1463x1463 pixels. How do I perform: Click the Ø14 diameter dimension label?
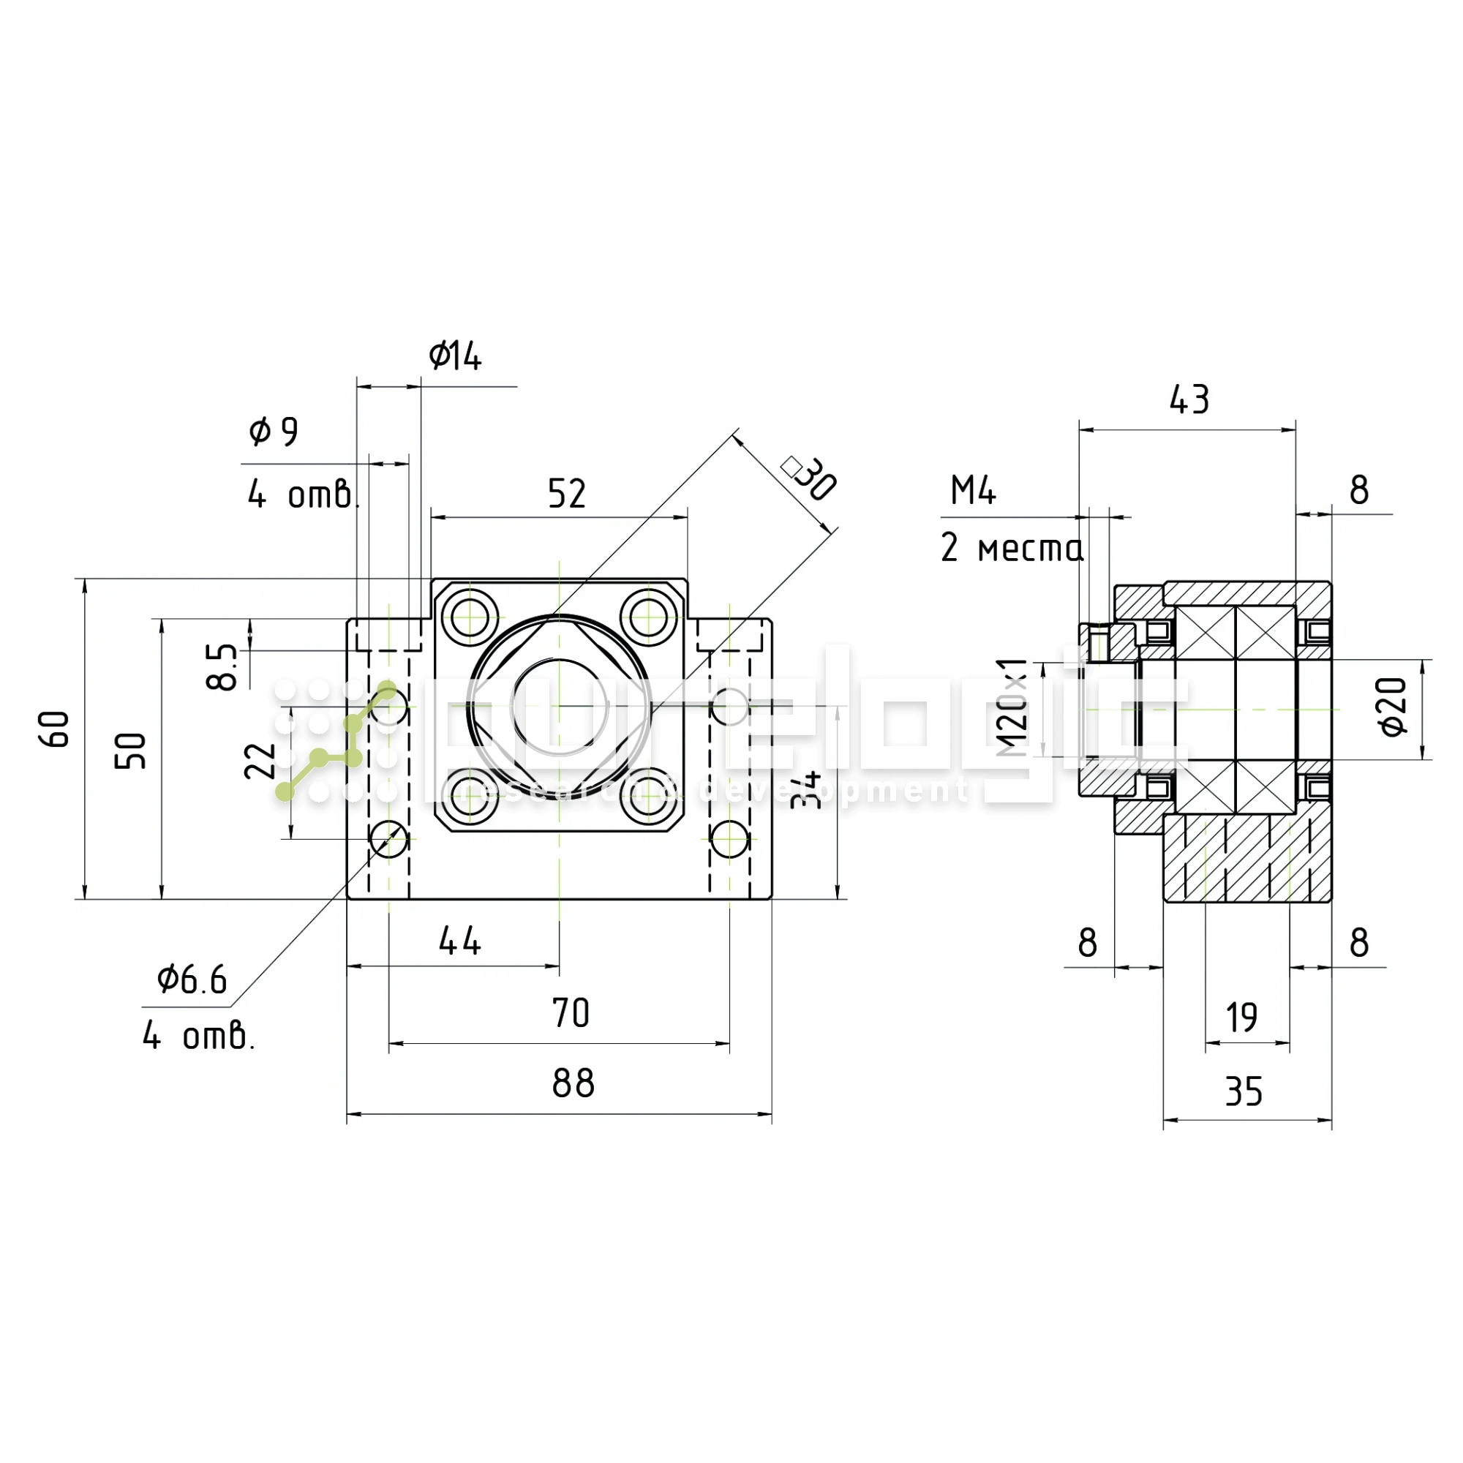click(x=455, y=356)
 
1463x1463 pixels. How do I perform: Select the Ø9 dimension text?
click(x=274, y=432)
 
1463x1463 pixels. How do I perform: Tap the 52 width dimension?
click(x=566, y=494)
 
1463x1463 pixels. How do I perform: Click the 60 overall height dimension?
click(x=55, y=729)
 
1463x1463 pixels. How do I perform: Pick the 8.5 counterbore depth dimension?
click(x=222, y=666)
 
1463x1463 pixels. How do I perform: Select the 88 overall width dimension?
click(x=573, y=1083)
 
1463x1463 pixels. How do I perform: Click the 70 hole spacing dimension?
click(x=571, y=1013)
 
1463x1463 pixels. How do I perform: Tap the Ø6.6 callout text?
click(x=192, y=980)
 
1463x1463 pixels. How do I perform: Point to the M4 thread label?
click(x=973, y=491)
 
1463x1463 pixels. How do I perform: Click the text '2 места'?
click(x=1012, y=547)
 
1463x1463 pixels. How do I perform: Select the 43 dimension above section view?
click(x=1189, y=400)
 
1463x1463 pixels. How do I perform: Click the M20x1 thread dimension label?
click(x=1013, y=708)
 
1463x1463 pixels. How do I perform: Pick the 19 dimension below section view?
click(x=1242, y=1017)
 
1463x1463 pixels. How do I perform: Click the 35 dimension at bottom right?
click(x=1244, y=1091)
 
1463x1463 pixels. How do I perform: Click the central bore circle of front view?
click(x=560, y=708)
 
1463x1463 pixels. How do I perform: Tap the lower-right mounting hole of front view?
click(x=730, y=839)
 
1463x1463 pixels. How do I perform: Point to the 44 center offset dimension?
click(x=459, y=941)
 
